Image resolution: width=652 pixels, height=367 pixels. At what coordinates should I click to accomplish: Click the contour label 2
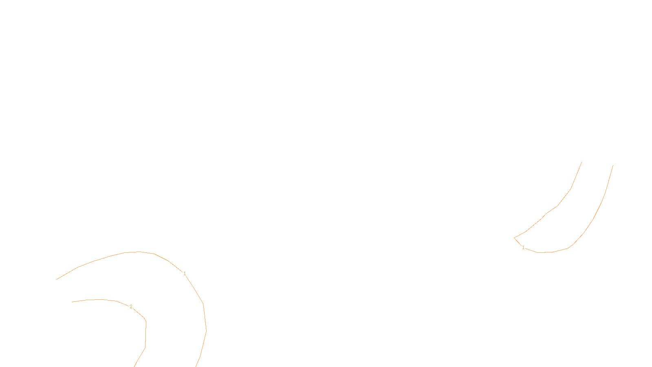pyautogui.click(x=131, y=307)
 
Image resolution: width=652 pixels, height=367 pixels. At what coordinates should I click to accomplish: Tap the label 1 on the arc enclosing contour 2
pyautogui.click(x=185, y=274)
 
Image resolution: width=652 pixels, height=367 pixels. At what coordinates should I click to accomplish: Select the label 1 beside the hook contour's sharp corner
pyautogui.click(x=523, y=248)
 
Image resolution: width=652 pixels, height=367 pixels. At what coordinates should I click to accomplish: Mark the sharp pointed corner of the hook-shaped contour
pyautogui.click(x=514, y=238)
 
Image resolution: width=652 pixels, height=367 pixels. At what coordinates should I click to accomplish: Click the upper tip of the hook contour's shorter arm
pyautogui.click(x=582, y=162)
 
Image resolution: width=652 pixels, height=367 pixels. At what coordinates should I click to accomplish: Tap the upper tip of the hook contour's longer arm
pyautogui.click(x=613, y=165)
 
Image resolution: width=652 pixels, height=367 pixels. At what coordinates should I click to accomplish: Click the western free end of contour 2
pyautogui.click(x=72, y=302)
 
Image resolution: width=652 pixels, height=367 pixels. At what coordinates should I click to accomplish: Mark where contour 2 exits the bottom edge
pyautogui.click(x=134, y=366)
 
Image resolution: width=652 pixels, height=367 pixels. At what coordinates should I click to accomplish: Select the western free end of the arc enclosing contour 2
pyautogui.click(x=56, y=279)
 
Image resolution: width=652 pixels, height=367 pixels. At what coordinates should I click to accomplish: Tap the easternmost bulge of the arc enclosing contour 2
pyautogui.click(x=206, y=330)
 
